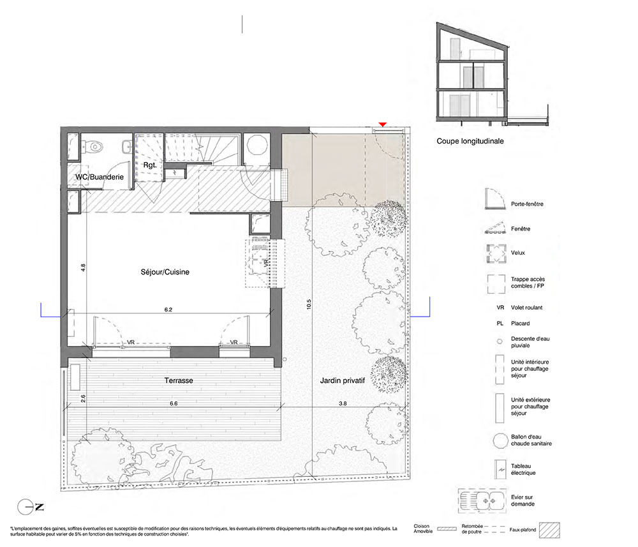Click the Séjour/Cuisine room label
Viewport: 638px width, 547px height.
(x=165, y=273)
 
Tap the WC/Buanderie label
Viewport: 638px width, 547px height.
(x=100, y=177)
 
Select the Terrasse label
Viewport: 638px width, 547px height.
(x=179, y=380)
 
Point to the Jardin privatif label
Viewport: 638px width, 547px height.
(x=342, y=380)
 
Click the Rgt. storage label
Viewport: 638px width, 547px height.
(x=150, y=165)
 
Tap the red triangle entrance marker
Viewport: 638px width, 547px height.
(x=382, y=124)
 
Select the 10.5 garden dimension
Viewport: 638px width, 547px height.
(x=309, y=304)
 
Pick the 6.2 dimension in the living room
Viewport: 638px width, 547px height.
(x=168, y=310)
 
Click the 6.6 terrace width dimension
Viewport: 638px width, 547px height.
(x=174, y=404)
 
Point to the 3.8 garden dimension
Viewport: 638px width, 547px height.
(x=343, y=404)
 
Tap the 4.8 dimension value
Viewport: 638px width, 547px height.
(x=83, y=268)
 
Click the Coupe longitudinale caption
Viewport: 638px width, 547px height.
(x=470, y=141)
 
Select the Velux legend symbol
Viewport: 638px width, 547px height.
(x=496, y=253)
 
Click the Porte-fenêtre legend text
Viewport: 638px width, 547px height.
(x=527, y=204)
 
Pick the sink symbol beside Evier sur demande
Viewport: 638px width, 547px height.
(x=482, y=500)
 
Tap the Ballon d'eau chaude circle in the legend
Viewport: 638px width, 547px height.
(x=500, y=440)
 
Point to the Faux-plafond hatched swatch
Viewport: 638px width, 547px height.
(x=550, y=530)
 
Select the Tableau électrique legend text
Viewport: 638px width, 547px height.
(x=523, y=469)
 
